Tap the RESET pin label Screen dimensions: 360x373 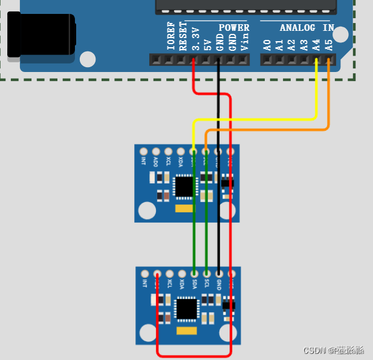pos(183,38)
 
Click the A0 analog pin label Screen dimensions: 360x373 pos(267,44)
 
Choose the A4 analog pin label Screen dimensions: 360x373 pos(316,44)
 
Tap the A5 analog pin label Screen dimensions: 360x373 pos(328,44)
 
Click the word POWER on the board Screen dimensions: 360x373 pos(233,27)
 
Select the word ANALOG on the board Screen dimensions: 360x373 pos(297,27)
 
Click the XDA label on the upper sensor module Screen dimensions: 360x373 pos(181,162)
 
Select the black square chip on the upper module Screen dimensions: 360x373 pos(183,186)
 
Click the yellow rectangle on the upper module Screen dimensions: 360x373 pos(183,209)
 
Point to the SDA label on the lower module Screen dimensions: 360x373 pos(195,283)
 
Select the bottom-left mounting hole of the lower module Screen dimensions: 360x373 pos(149,332)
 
